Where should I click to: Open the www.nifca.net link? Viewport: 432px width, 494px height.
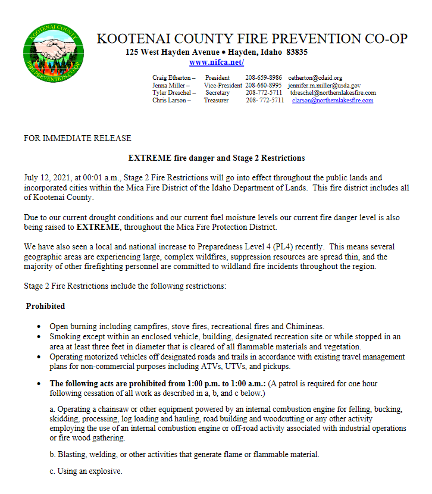pyautogui.click(x=216, y=62)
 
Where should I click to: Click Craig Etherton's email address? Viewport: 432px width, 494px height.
pyautogui.click(x=315, y=78)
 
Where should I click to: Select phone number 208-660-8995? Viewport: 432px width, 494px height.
pyautogui.click(x=264, y=86)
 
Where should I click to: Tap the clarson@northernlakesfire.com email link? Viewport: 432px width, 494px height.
pyautogui.click(x=333, y=101)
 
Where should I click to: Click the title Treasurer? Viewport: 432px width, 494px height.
pyautogui.click(x=216, y=101)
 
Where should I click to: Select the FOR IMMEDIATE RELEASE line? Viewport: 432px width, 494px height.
pyautogui.click(x=77, y=139)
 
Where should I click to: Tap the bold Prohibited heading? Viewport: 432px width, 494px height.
pyautogui.click(x=45, y=306)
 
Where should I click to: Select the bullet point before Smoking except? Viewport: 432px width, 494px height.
pyautogui.click(x=39, y=337)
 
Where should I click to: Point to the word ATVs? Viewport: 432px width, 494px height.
pyautogui.click(x=219, y=367)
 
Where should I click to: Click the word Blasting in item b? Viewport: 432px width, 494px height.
pyautogui.click(x=73, y=454)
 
